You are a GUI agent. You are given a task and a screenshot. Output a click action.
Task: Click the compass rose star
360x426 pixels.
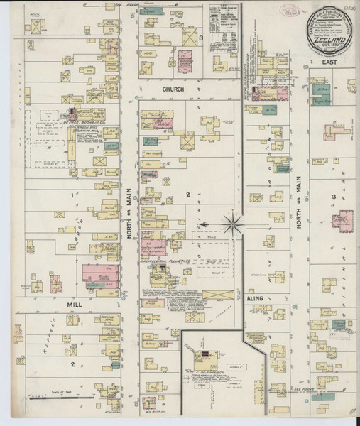(231, 226)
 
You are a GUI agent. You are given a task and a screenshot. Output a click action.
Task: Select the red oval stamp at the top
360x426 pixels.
(271, 12)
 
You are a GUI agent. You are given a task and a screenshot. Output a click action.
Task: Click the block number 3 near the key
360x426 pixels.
(202, 38)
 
